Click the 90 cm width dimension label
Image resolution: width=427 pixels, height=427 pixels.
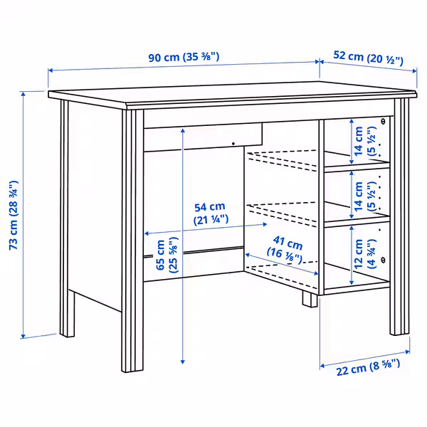[x=184, y=58]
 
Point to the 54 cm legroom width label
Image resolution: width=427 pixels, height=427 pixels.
[x=211, y=213]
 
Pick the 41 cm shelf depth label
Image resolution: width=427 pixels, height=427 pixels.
[x=285, y=246]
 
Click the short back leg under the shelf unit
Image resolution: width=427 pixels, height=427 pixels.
[x=309, y=297]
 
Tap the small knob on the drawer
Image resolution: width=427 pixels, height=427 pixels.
[x=233, y=144]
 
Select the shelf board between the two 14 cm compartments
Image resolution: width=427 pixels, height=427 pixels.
[x=356, y=167]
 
